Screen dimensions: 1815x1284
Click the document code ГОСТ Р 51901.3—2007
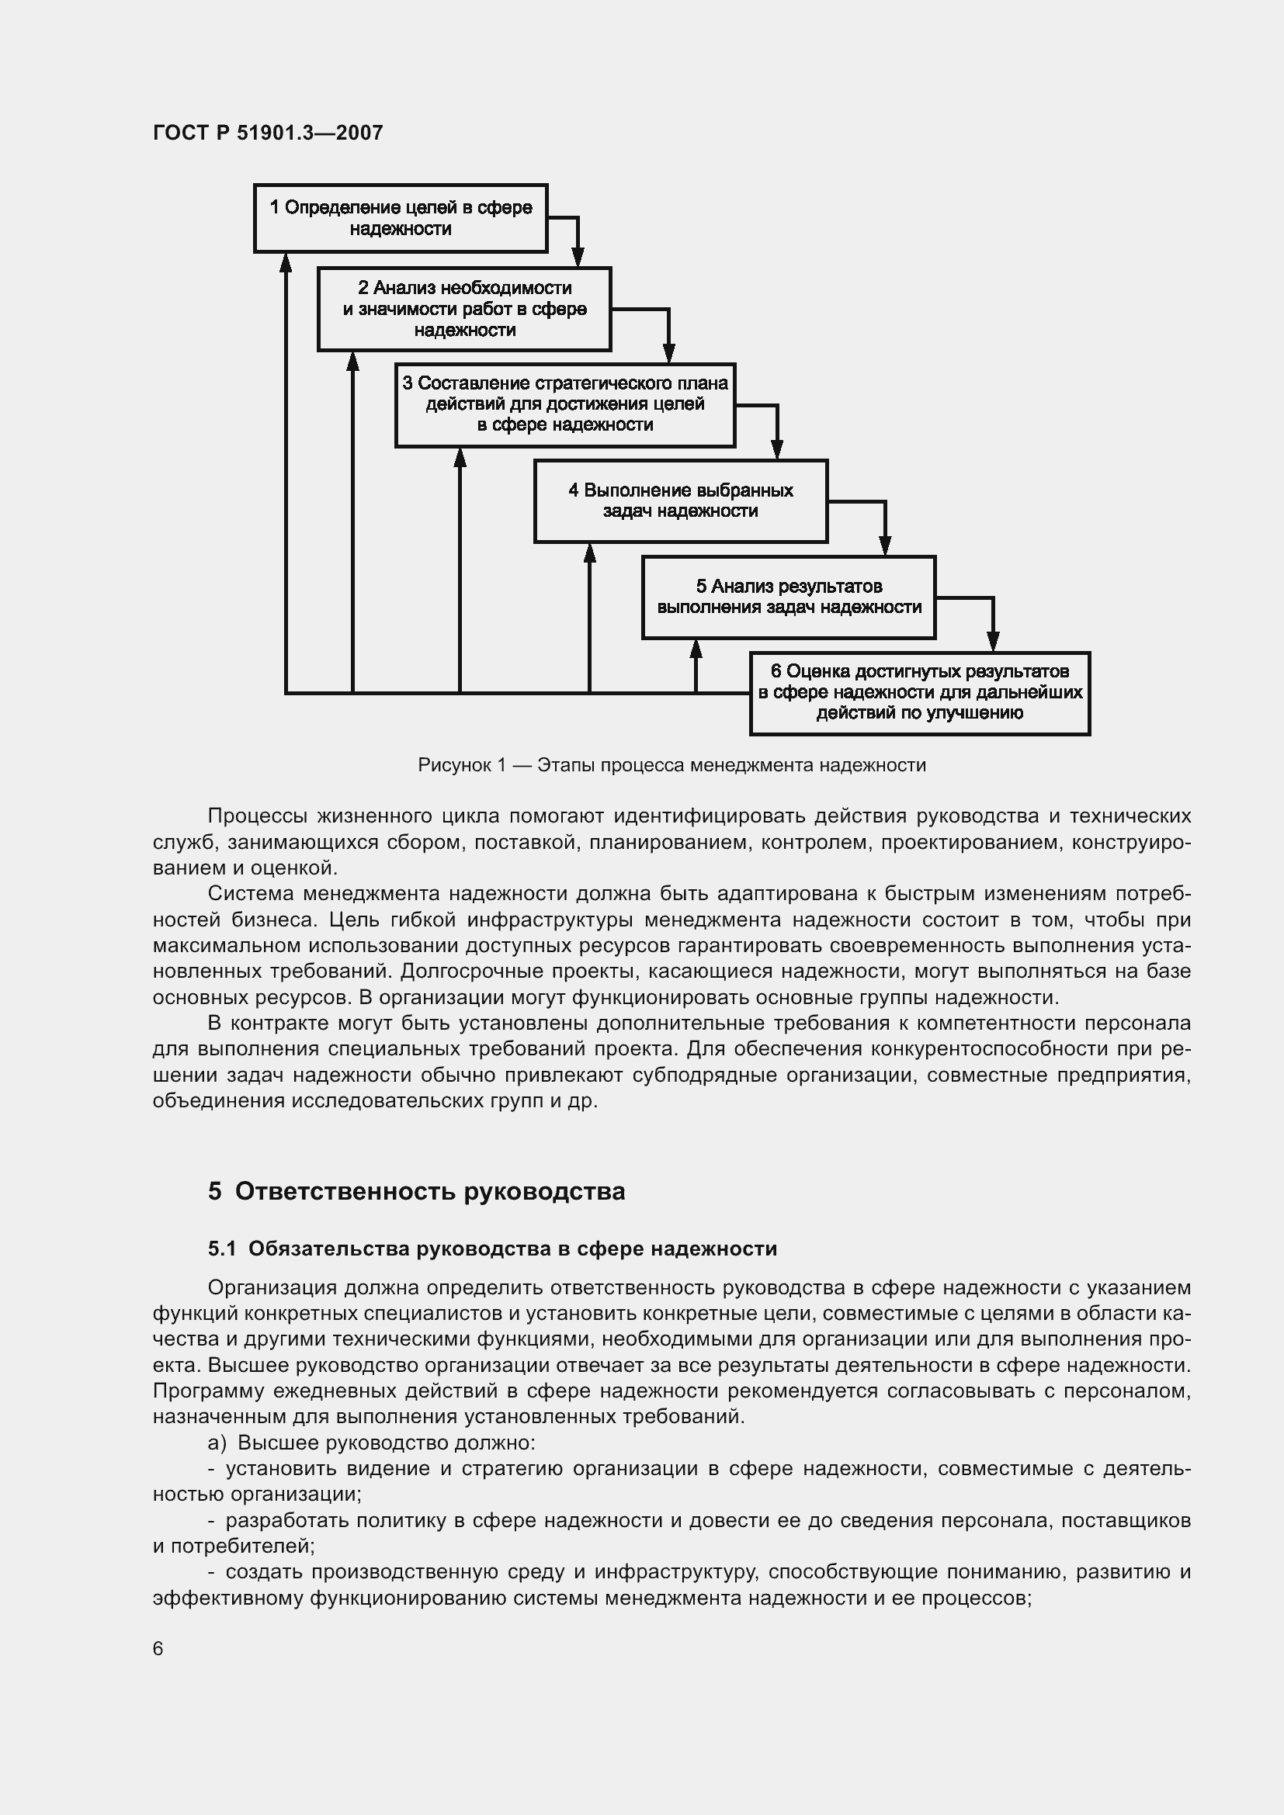pos(267,133)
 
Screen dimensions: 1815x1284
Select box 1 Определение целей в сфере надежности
pos(400,218)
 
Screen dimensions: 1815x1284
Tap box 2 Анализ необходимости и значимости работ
pos(464,309)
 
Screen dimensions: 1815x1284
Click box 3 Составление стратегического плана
pos(564,405)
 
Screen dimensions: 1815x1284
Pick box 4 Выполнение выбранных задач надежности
pos(680,501)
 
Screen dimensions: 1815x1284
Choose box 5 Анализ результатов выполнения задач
pos(788,597)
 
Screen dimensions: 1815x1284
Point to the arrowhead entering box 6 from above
pos(993,641)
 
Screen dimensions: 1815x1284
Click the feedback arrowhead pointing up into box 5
pos(696,649)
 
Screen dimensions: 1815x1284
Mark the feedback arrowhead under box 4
pos(589,552)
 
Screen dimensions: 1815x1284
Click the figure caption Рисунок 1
pos(671,765)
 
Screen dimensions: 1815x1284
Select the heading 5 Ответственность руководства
pos(416,1190)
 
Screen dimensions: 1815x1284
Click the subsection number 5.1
pos(222,1249)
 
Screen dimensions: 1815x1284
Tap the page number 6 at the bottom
pos(158,1648)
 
